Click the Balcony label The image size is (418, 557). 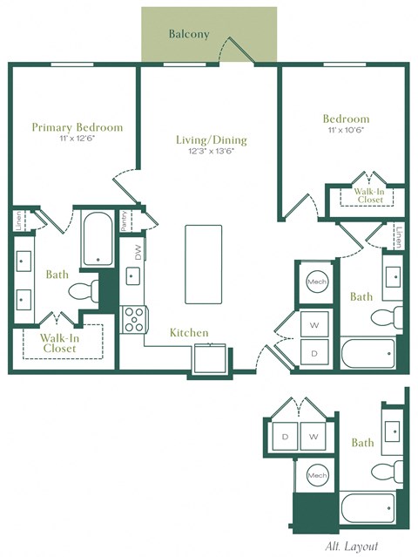coord(189,35)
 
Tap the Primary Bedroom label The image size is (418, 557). coord(78,127)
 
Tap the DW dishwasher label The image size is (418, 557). coord(137,252)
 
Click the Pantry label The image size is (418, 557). coord(125,220)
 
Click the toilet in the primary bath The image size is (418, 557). coord(81,290)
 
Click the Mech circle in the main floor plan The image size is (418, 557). coord(314,282)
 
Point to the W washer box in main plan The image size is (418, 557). coord(314,324)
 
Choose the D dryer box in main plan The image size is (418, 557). coord(314,352)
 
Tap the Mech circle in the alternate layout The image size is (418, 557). coord(317,475)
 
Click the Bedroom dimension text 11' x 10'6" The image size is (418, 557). coord(346,131)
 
